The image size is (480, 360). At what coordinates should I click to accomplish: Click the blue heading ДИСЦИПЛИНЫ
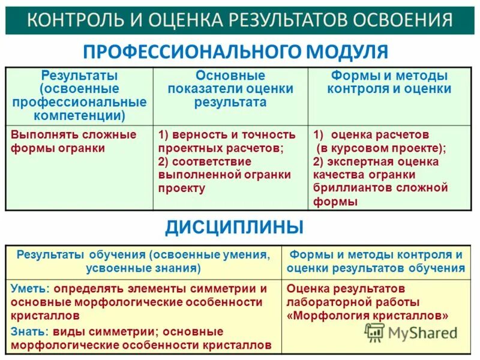(234, 227)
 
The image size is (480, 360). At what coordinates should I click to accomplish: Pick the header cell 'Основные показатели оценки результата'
(230, 89)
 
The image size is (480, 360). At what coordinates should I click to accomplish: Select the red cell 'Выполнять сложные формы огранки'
(73, 141)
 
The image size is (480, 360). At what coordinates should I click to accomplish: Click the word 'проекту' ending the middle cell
(181, 188)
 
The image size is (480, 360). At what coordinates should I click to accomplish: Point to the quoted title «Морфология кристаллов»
(367, 316)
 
